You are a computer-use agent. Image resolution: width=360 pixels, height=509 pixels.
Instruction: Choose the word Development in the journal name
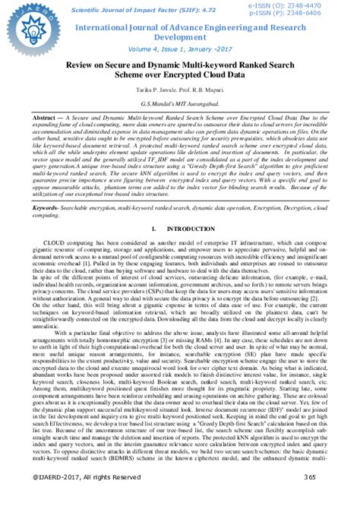point(180,37)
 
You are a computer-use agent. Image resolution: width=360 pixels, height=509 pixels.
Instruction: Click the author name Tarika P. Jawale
point(152,90)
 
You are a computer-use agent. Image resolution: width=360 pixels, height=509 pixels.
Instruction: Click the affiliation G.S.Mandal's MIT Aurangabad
point(180,101)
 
